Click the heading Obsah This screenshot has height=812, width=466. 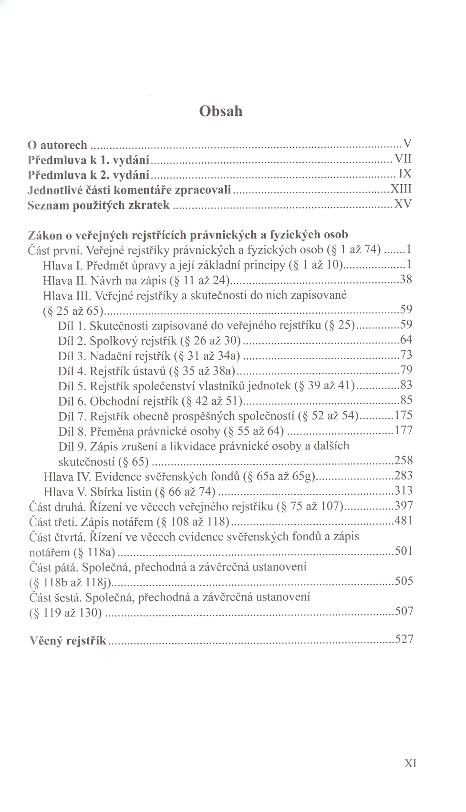[221, 111]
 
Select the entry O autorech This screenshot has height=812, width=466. [57, 145]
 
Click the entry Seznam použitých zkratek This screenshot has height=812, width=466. [99, 205]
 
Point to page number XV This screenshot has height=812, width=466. [403, 205]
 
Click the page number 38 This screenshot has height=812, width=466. [405, 280]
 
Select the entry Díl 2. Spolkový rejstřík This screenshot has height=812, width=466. [149, 341]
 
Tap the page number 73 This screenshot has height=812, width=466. [405, 355]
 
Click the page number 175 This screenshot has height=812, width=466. [403, 415]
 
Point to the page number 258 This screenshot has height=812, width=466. [403, 460]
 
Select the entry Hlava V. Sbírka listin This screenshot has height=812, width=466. [129, 491]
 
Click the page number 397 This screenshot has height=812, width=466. [404, 506]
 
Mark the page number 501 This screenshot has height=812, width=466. [404, 552]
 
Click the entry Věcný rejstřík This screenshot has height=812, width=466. [68, 640]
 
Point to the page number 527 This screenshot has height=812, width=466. [404, 639]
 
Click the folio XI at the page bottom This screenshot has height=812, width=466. [410, 763]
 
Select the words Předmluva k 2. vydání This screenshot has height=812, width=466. [89, 175]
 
